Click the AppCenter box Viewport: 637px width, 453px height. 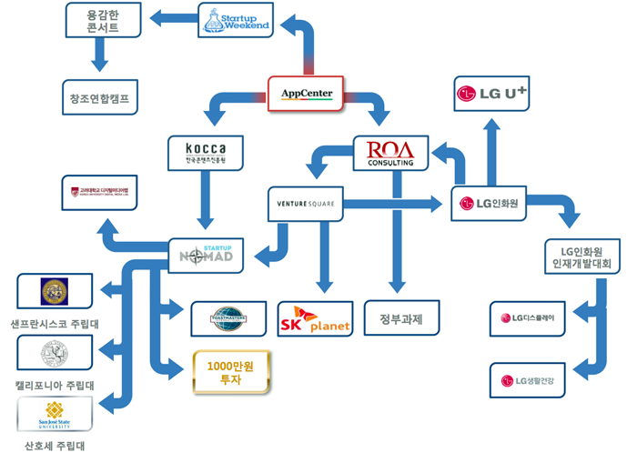306,94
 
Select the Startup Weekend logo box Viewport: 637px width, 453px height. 236,19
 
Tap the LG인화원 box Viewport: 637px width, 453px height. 490,204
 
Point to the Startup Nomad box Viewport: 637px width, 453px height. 206,256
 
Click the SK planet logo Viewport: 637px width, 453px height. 314,318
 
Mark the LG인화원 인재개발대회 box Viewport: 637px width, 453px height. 582,257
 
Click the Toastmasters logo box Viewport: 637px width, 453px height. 228,318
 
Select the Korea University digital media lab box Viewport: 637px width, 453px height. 100,192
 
